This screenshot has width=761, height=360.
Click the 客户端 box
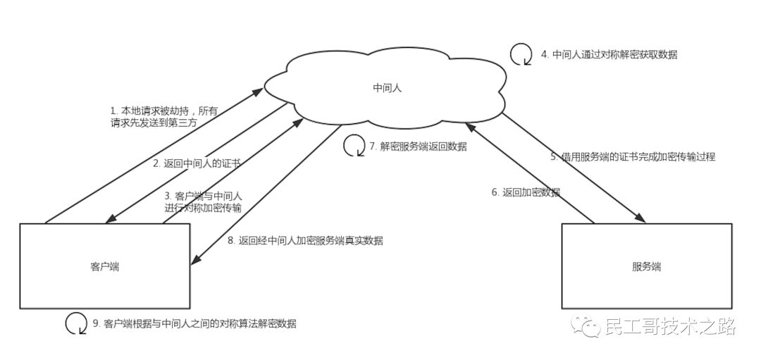[x=104, y=266]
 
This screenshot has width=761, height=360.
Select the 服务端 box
[x=646, y=266]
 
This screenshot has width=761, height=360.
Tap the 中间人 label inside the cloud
[x=387, y=88]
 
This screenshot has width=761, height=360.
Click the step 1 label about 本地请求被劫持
[x=164, y=116]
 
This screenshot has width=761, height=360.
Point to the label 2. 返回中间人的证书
[x=197, y=163]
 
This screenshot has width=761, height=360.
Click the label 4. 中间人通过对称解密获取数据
[x=609, y=54]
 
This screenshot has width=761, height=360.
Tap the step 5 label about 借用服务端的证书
[x=633, y=157]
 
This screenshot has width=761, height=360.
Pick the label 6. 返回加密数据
[x=526, y=192]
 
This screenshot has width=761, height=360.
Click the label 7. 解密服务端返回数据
[x=418, y=147]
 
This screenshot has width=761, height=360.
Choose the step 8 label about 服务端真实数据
[x=305, y=240]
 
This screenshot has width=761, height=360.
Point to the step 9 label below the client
[x=194, y=323]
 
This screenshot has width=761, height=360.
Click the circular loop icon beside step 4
[x=521, y=54]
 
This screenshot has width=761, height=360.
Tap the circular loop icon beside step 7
[x=353, y=146]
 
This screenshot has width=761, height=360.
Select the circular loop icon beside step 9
[x=75, y=323]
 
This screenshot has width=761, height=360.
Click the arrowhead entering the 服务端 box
[x=642, y=218]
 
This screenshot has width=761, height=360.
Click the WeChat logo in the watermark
[x=584, y=325]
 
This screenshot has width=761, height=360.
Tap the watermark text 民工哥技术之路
[x=670, y=326]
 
